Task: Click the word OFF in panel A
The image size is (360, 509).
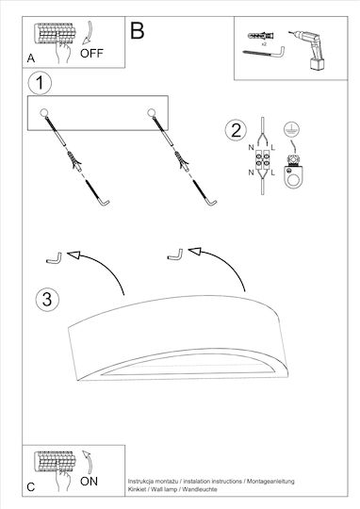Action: click(91, 53)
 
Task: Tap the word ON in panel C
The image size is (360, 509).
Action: click(89, 482)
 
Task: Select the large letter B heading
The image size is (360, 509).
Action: click(137, 30)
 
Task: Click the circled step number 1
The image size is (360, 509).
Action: click(40, 83)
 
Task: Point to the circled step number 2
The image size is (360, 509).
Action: click(236, 130)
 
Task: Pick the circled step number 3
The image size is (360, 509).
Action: click(47, 299)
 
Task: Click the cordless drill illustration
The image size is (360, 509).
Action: click(308, 49)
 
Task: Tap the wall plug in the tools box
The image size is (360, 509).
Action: click(260, 35)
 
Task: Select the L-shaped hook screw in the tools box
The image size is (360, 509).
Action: click(264, 52)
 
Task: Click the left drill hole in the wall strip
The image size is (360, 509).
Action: click(44, 113)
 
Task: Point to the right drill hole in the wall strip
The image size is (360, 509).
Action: click(151, 113)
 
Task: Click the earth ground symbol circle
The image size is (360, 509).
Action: click(291, 129)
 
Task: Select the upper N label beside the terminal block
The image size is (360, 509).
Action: click(251, 148)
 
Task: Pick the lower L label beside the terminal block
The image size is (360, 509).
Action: click(272, 172)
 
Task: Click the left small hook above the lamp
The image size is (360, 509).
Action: click(54, 258)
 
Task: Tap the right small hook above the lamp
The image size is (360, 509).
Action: click(175, 254)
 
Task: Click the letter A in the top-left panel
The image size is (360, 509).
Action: click(31, 58)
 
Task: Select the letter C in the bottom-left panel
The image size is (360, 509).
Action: click(31, 487)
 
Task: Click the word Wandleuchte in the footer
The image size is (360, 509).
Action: click(199, 489)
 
